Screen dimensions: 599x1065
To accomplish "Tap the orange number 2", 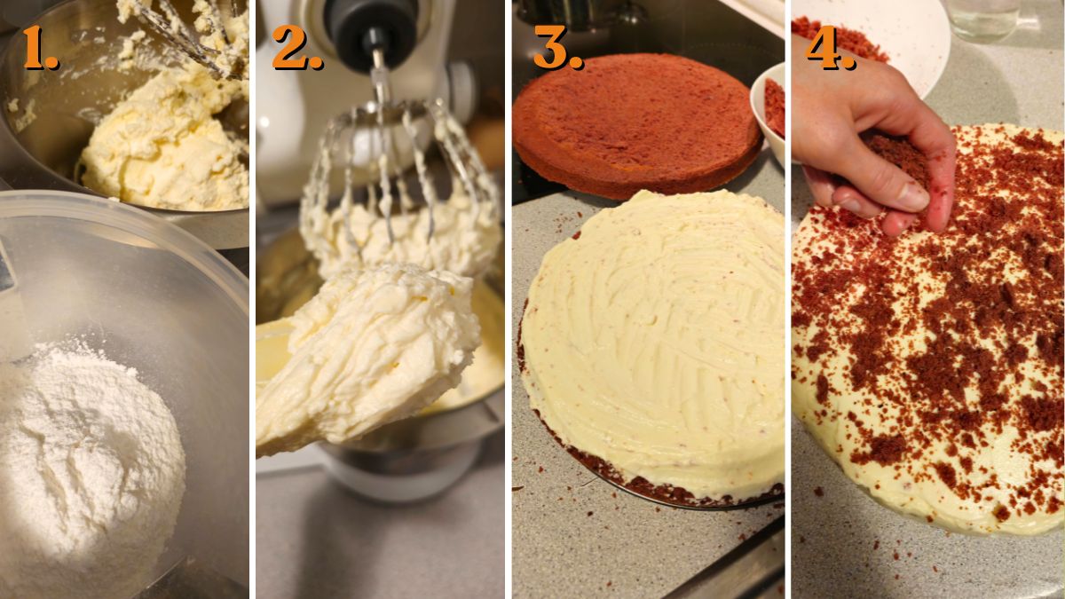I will [x=296, y=48].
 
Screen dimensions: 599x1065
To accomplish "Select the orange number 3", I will [x=556, y=48].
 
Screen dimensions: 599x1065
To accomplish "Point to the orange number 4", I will [x=829, y=48].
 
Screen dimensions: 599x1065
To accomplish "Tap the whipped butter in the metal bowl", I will [x=164, y=142].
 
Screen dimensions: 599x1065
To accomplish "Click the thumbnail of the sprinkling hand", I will [x=910, y=196].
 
